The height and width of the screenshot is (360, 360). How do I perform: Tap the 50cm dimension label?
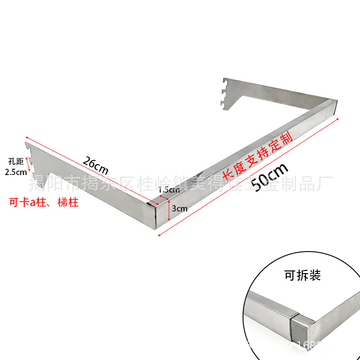coord(269,177)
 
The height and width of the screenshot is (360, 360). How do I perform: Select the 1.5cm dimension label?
coord(169,189)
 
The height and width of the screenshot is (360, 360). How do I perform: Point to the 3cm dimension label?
coord(180,208)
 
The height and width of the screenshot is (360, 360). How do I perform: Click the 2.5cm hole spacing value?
coord(15,171)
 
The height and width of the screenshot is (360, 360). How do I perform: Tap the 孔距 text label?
coord(16,160)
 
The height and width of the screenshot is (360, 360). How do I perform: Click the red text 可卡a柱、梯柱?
coord(44,202)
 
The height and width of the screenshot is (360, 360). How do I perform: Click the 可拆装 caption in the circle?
coord(302,275)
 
